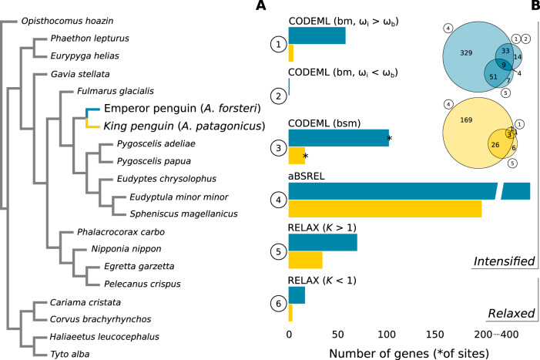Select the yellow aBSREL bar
coord(384,209)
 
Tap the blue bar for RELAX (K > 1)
coord(322,242)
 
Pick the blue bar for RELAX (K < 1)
coord(297,294)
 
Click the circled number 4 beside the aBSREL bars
coord(276,199)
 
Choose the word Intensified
coord(504,261)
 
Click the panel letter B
coord(532,8)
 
